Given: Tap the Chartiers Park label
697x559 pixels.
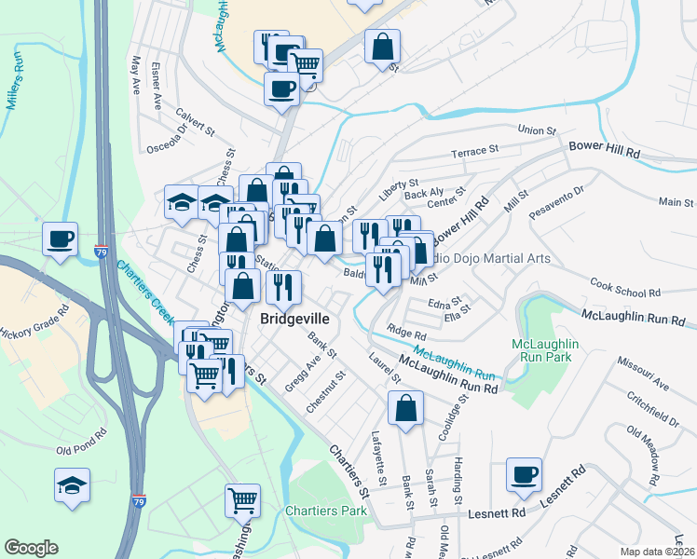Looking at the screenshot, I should pos(326,511).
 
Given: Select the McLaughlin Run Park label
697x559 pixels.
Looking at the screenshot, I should pos(546,350).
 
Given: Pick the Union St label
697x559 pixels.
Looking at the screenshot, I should pos(536,131).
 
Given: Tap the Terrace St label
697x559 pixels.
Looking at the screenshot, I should pos(475,149).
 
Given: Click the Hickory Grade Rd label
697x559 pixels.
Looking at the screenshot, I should pos(34,320).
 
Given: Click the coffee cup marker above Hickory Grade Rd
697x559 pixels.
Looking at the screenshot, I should pos(61,239).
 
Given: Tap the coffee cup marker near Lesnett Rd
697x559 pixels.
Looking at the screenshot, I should pos(525,474).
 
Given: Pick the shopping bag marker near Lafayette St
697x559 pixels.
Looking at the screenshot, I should pos(405,407).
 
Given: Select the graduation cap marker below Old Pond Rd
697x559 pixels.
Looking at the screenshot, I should pos(72,484).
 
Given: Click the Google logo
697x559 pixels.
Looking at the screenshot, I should pos(32,548).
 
